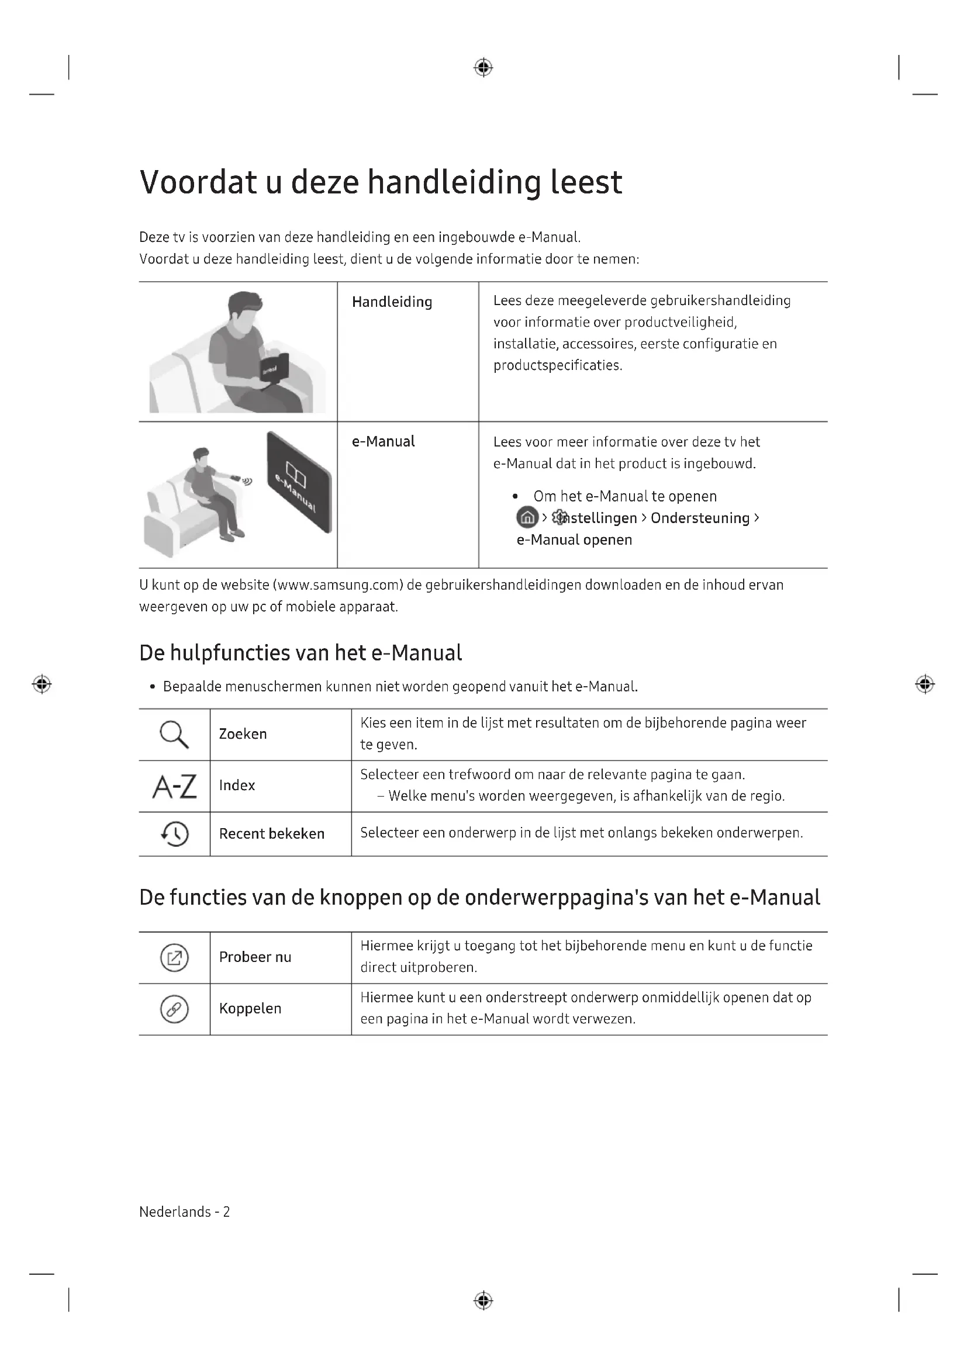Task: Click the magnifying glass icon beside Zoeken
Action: tap(174, 734)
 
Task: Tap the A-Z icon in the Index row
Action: tap(174, 787)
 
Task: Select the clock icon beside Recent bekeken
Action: tap(174, 833)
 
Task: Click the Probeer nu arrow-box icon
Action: tap(174, 958)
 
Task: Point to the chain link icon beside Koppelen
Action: tap(174, 1009)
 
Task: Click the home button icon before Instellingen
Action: tap(527, 517)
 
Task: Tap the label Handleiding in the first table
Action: tap(392, 302)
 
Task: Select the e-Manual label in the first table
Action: tap(383, 441)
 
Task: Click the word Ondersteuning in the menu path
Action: tap(700, 518)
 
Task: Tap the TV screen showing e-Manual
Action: tap(299, 482)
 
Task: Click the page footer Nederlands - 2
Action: tap(185, 1212)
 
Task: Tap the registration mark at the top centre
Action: tap(483, 68)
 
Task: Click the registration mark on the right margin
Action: tap(924, 684)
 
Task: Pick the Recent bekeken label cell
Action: tap(271, 833)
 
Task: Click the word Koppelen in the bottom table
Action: tap(250, 1009)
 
